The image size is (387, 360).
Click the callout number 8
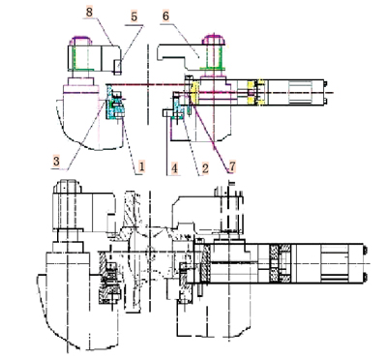click(89, 13)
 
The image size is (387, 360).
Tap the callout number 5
click(134, 16)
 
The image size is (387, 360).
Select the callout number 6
click(165, 16)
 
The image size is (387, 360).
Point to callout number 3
click(56, 161)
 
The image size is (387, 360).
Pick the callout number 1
click(141, 166)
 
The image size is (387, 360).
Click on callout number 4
click(174, 168)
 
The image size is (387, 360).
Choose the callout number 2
click(205, 168)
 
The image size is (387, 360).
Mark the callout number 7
click(231, 166)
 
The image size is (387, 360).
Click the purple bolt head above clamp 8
click(81, 41)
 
